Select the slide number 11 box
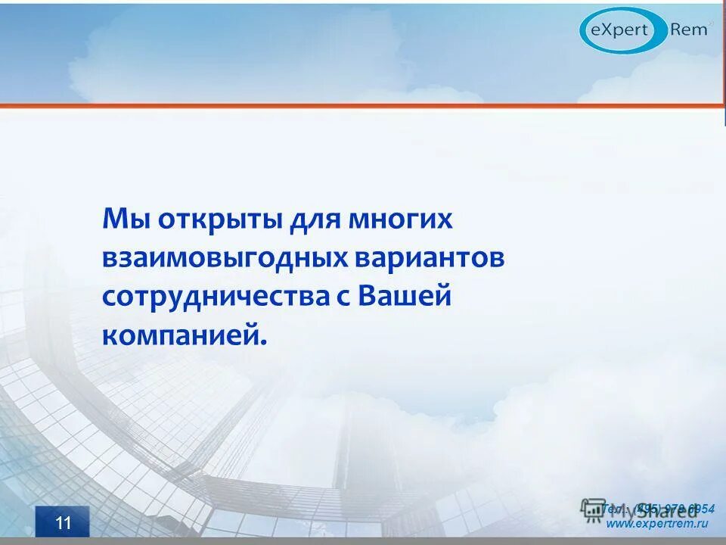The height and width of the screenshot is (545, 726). click(x=62, y=522)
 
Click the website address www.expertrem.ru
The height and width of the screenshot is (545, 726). click(x=657, y=524)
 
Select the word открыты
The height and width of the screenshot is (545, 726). click(x=219, y=220)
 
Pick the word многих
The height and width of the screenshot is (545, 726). click(x=400, y=220)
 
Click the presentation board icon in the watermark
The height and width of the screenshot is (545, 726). click(x=593, y=509)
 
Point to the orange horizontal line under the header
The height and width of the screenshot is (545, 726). click(x=363, y=105)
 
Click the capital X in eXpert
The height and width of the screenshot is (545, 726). click(x=607, y=30)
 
